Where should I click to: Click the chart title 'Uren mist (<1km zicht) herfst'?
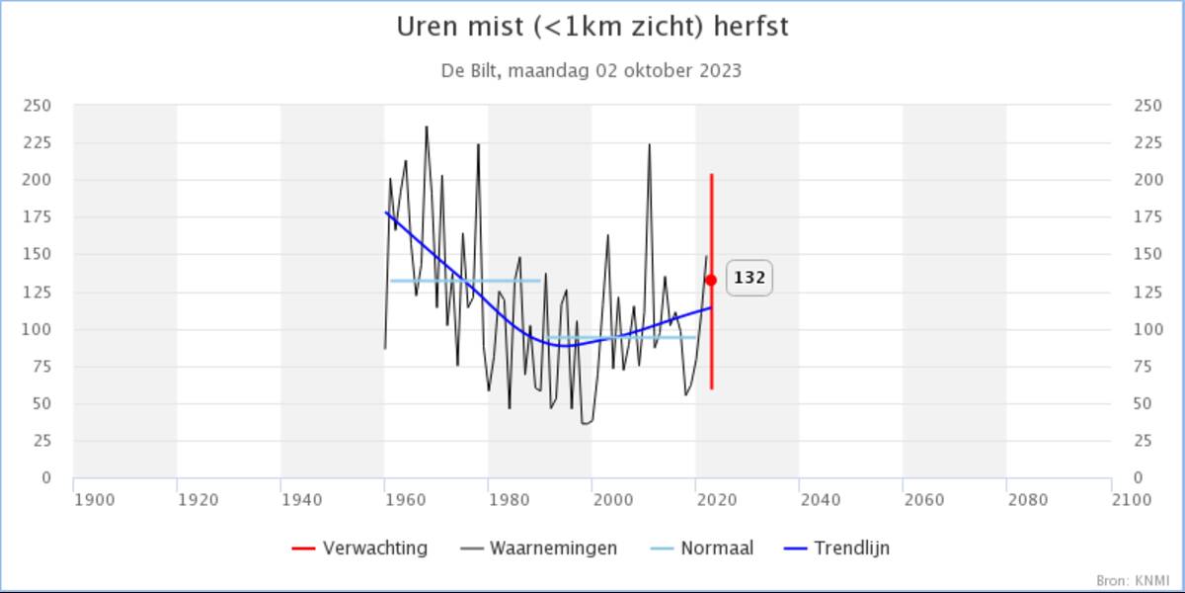[x=592, y=27]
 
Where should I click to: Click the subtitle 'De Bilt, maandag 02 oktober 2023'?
[x=592, y=71]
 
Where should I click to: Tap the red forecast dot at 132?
[x=711, y=281]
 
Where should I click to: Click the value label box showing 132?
[x=750, y=279]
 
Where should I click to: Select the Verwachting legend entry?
[x=360, y=548]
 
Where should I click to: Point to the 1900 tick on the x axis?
[x=95, y=500]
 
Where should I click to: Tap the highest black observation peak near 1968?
[x=427, y=127]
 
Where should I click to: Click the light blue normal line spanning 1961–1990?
[x=464, y=281]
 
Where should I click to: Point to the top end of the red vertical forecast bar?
[x=711, y=175]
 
